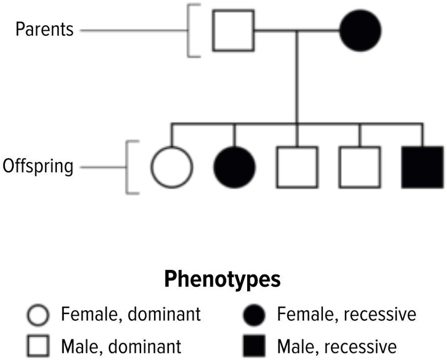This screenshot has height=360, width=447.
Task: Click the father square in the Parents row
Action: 233,30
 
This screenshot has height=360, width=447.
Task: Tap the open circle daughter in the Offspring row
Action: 170,167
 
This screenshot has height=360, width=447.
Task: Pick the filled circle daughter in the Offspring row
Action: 234,167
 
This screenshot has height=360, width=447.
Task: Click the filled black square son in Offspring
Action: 423,167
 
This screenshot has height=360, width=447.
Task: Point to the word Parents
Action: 45,29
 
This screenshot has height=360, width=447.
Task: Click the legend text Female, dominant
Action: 131,314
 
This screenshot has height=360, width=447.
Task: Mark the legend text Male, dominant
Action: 121,347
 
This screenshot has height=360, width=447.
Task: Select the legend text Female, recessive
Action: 346,314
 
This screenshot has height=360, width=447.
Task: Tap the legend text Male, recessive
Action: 337,347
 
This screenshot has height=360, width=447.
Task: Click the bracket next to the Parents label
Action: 191,30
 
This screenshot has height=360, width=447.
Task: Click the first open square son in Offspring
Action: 296,167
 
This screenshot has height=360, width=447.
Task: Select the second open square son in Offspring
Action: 360,167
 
